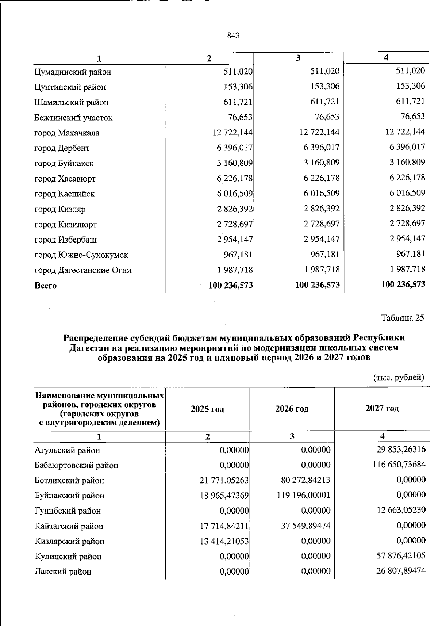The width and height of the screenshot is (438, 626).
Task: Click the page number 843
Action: click(x=233, y=35)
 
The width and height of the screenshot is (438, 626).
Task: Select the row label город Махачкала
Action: click(x=67, y=133)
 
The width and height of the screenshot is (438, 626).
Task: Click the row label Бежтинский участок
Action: click(x=73, y=118)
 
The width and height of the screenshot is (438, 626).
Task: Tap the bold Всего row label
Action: click(x=46, y=286)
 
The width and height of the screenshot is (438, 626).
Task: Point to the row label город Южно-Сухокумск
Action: click(x=81, y=255)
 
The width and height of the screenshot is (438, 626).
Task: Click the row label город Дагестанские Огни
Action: click(x=83, y=270)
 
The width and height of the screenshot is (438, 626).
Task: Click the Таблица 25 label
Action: click(x=403, y=317)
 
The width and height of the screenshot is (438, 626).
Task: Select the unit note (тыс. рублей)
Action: click(x=398, y=377)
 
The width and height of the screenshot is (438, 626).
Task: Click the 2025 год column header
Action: click(x=207, y=409)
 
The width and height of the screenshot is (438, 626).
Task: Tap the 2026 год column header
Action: click(x=292, y=409)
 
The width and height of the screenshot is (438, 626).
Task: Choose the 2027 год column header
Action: click(x=382, y=408)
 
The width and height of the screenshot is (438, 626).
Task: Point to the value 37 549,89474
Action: click(x=306, y=526)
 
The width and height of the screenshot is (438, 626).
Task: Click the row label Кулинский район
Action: click(x=68, y=557)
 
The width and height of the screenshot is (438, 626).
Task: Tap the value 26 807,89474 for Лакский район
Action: click(x=401, y=571)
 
